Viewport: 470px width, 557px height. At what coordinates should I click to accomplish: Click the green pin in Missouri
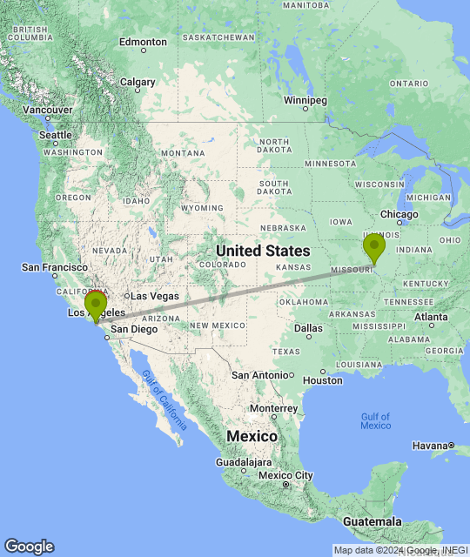click(374, 246)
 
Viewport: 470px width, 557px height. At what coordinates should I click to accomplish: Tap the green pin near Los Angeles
click(96, 305)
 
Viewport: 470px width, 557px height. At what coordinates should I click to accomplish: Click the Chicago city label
click(399, 214)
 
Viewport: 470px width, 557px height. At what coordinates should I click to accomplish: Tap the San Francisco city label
click(54, 266)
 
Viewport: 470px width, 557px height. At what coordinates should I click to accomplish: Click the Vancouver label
click(48, 110)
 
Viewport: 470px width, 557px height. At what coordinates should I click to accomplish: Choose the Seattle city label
click(55, 135)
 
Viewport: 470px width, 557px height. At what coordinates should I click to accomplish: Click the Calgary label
click(138, 83)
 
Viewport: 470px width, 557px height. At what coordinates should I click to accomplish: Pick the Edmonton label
click(143, 42)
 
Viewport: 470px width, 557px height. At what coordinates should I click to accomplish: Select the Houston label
click(323, 380)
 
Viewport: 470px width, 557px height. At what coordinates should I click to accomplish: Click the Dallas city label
click(308, 328)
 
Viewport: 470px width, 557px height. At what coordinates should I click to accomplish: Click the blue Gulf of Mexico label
click(375, 420)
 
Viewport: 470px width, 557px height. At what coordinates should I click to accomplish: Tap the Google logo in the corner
click(29, 547)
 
